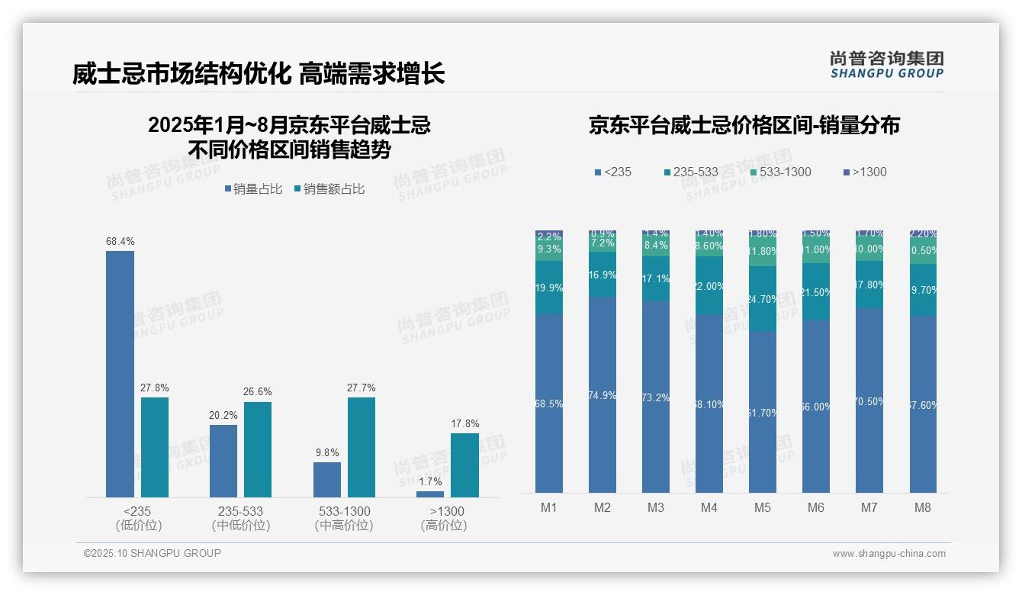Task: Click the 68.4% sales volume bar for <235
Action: pos(120,374)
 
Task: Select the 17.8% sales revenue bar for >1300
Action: pos(464,465)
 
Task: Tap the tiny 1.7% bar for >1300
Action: pos(430,494)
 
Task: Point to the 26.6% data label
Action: pos(257,391)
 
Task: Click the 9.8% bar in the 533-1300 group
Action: pos(326,480)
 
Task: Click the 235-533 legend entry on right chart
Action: pos(690,172)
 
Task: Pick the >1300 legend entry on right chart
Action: pos(865,172)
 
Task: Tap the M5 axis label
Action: pos(763,507)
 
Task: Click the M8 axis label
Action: pos(923,507)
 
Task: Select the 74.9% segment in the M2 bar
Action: pos(603,394)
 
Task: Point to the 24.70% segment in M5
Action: pos(763,298)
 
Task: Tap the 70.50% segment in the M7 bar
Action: pos(869,400)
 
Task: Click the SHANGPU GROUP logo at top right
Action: pos(886,64)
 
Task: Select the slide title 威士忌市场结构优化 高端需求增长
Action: pos(259,74)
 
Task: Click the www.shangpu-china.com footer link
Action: pos(889,554)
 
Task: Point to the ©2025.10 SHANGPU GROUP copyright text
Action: pos(153,553)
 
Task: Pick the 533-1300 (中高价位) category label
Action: pos(343,518)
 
